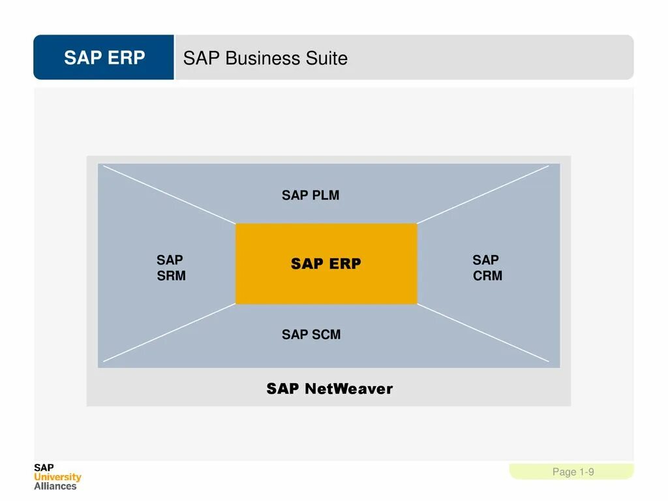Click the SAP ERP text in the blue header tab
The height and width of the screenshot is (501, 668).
[104, 58]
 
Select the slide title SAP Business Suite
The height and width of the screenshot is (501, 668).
[265, 58]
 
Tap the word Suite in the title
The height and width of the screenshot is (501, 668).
[327, 58]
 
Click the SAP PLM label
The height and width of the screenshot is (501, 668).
[311, 195]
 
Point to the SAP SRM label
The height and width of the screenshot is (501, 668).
[171, 267]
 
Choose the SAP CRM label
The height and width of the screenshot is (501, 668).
[487, 267]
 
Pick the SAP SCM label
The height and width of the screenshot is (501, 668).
[311, 335]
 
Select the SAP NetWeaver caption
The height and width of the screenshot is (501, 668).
[329, 389]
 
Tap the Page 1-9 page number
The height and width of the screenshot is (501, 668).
[573, 472]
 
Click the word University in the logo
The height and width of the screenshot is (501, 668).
[57, 477]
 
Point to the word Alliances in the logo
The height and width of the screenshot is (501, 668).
[55, 486]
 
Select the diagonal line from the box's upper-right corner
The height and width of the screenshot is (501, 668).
[483, 194]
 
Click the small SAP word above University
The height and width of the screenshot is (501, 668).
[44, 468]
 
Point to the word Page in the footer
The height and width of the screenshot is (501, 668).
[564, 472]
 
